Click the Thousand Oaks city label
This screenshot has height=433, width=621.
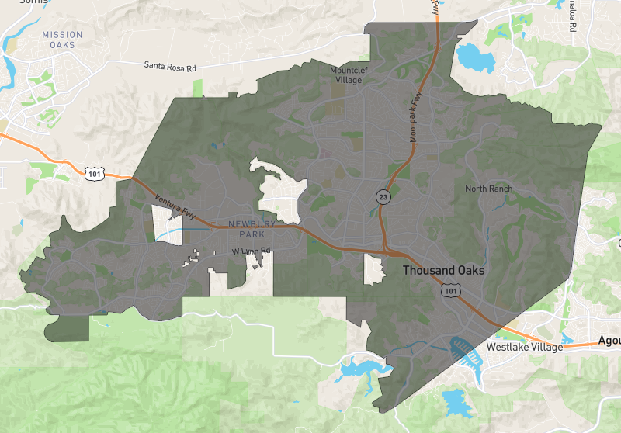tap(443, 271)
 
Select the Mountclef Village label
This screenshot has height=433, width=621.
tap(354, 74)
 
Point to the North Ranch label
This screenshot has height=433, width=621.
tap(489, 189)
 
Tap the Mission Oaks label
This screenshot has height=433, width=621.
tap(61, 40)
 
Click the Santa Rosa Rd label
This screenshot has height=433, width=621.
tap(170, 67)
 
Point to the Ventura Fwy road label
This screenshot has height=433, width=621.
tap(179, 207)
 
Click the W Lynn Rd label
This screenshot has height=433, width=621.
tap(251, 251)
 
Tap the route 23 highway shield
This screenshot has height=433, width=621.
tap(383, 197)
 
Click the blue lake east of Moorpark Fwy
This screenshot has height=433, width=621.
tap(470, 57)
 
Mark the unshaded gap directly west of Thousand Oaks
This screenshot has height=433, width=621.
tap(374, 269)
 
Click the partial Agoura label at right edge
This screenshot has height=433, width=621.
tap(609, 341)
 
